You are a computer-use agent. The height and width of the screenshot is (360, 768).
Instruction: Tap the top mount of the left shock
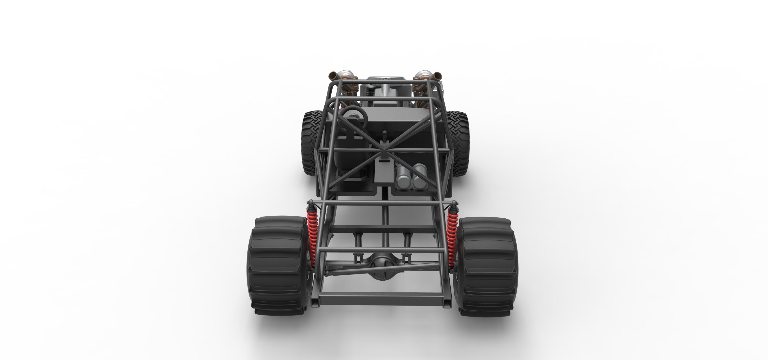[x=311, y=204]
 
